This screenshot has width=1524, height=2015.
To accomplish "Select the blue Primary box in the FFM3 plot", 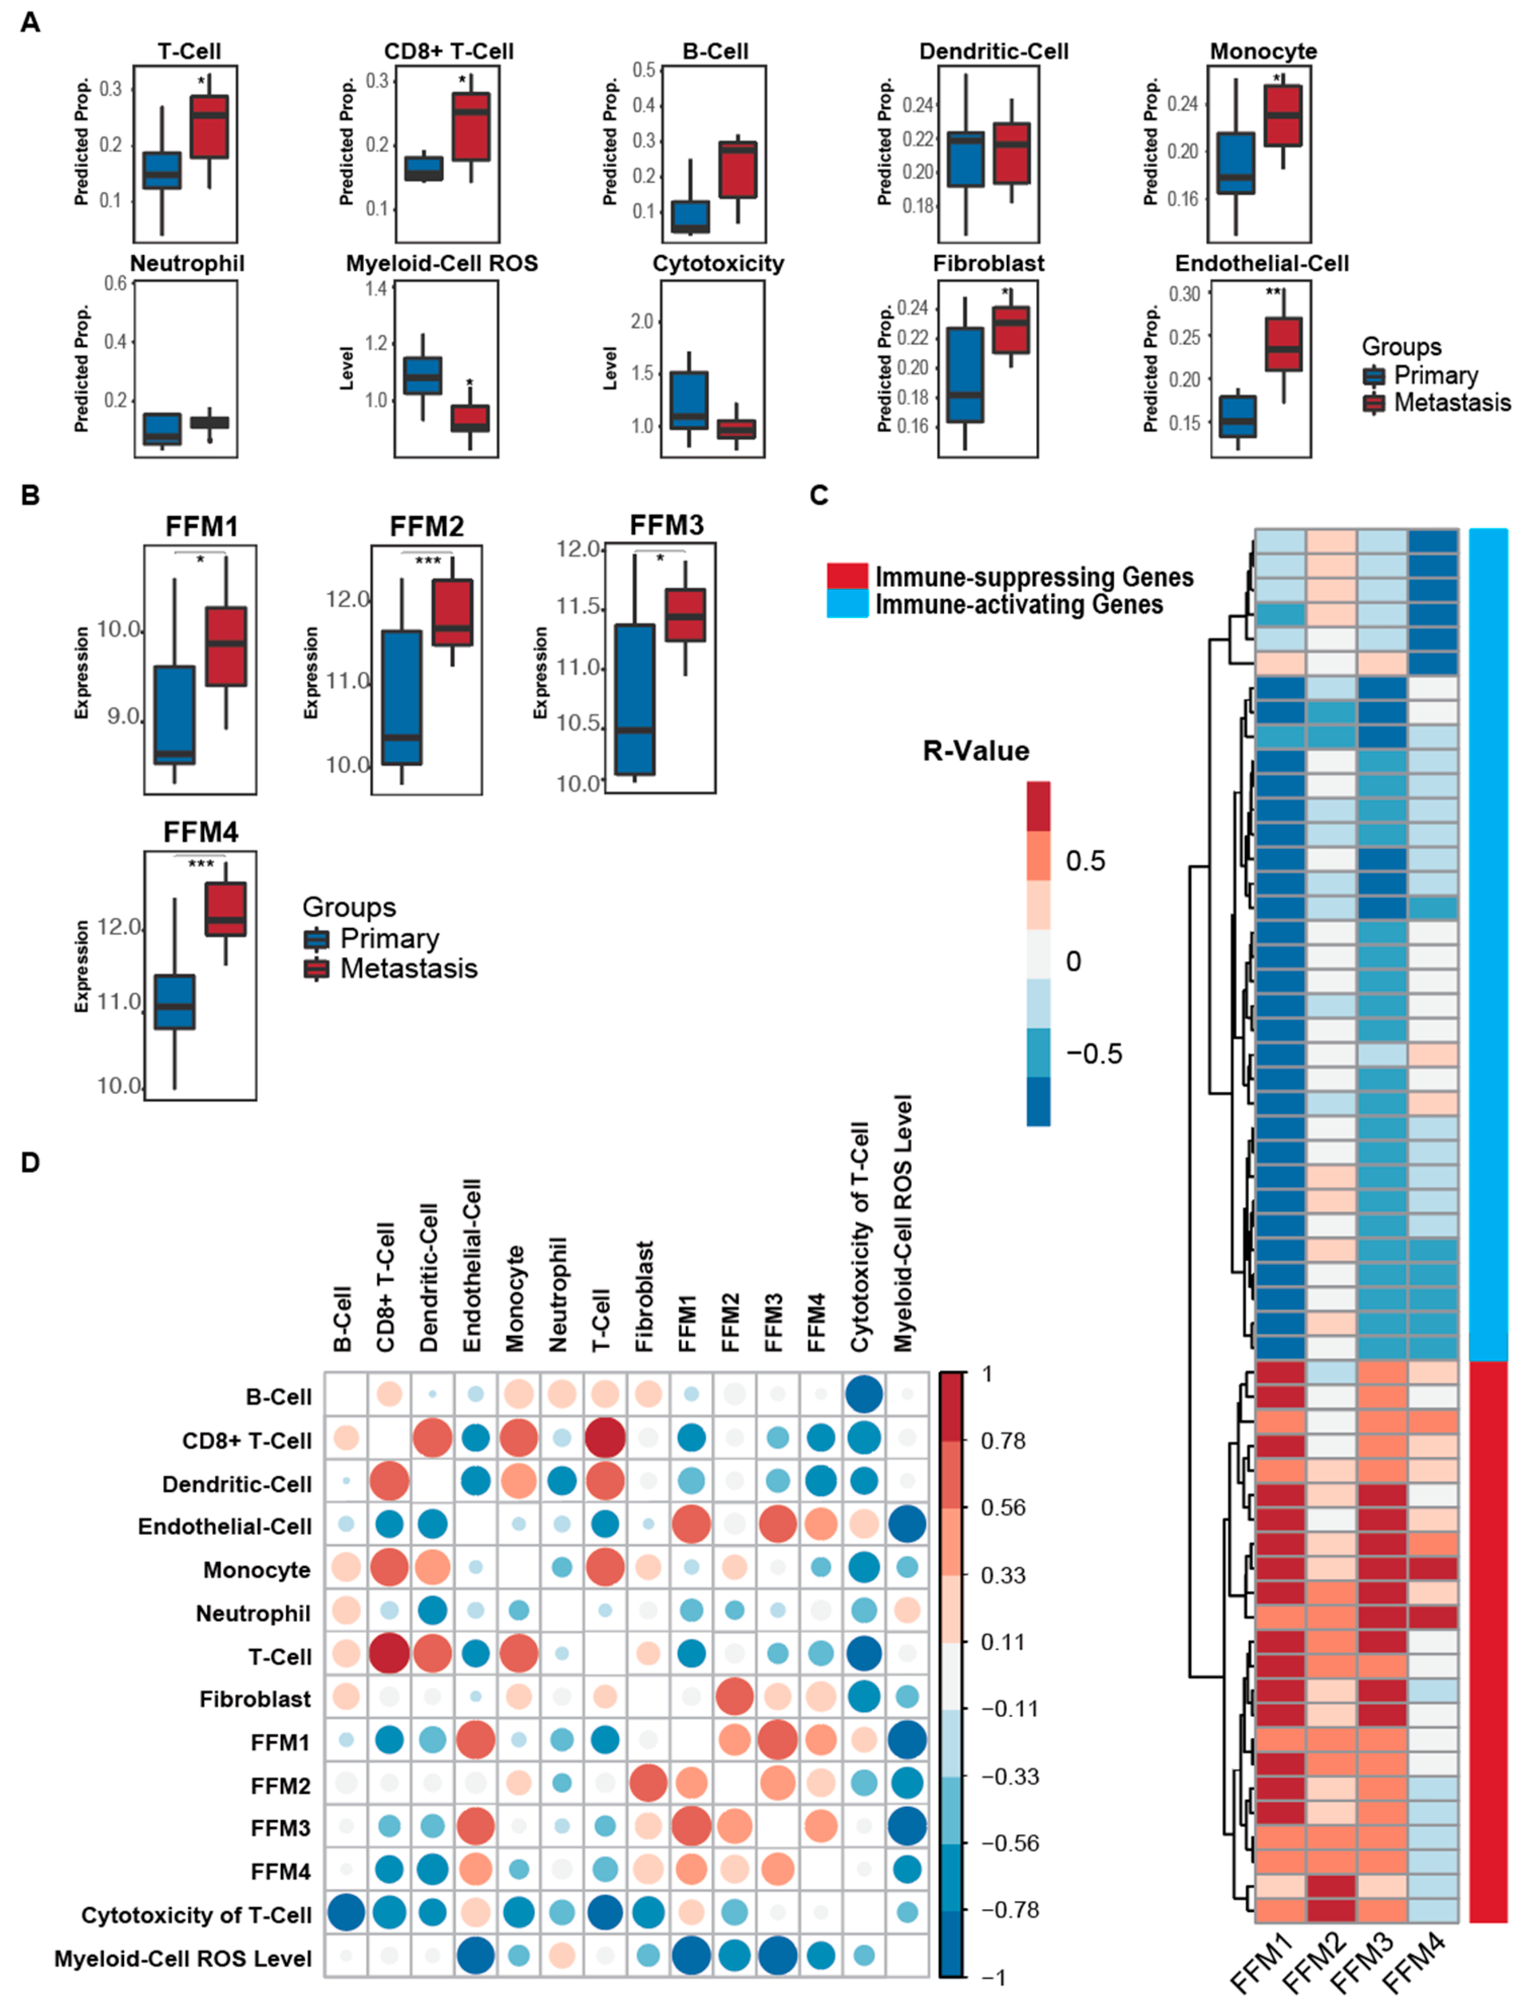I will (635, 699).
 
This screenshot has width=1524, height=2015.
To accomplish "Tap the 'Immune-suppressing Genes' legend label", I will (1034, 577).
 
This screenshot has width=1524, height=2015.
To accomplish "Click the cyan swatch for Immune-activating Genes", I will (846, 605).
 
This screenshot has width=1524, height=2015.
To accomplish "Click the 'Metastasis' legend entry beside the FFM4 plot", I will (408, 969).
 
